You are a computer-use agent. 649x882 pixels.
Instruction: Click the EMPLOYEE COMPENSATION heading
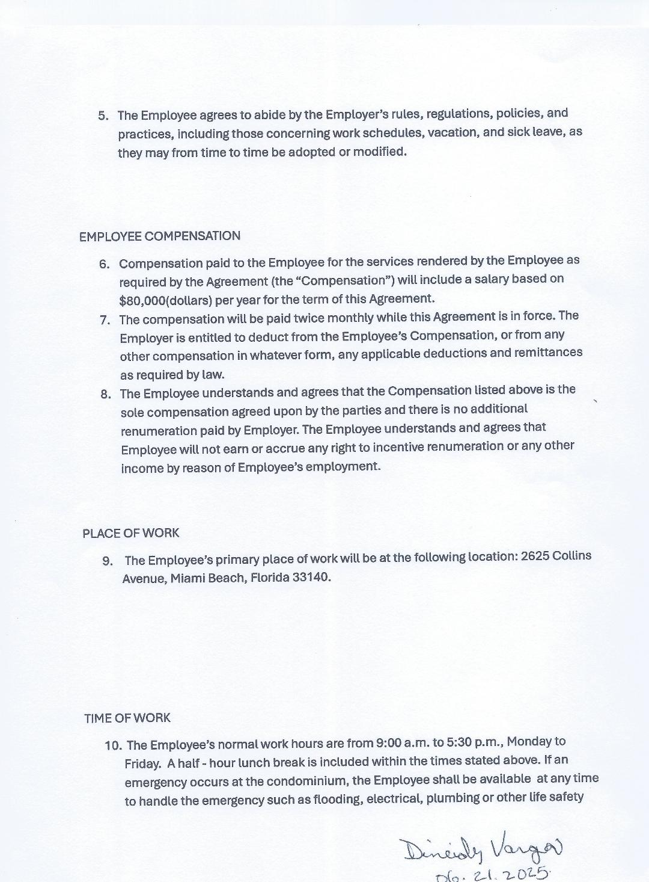159,236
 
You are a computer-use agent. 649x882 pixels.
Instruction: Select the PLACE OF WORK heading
131,533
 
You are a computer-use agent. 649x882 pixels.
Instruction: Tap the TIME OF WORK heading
127,718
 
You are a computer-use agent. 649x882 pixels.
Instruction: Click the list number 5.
103,116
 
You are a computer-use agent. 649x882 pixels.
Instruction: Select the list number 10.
113,745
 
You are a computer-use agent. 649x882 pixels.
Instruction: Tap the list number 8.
106,395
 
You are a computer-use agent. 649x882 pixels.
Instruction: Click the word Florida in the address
269,578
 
